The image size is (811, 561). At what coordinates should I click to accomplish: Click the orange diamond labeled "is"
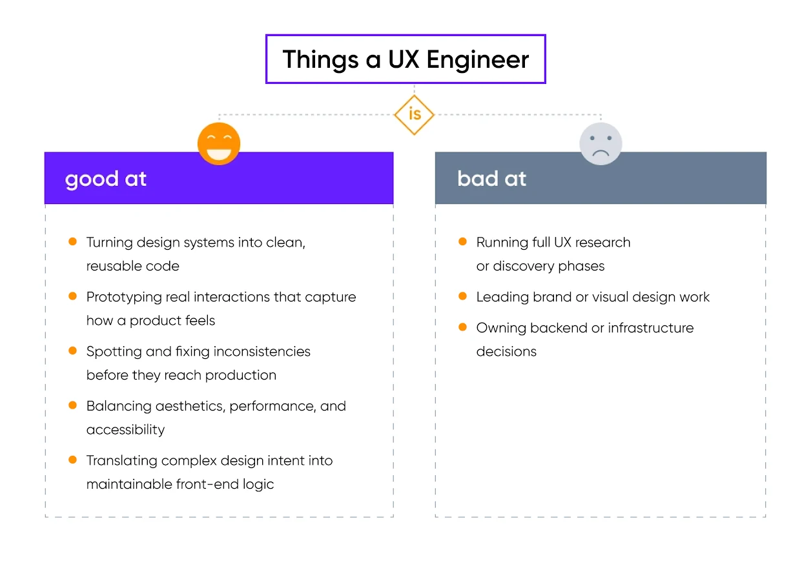tap(414, 114)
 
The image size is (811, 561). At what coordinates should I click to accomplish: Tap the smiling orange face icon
tap(219, 143)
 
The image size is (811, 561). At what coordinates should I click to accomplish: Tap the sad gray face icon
tap(601, 143)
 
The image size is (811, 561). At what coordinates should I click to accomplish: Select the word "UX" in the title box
tap(402, 59)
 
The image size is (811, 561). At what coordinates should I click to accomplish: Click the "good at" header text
tap(106, 179)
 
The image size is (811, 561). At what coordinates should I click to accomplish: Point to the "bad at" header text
tap(492, 179)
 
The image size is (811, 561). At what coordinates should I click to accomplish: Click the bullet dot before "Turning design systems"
tap(72, 242)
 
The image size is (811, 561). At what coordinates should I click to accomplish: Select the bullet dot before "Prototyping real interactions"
tap(72, 296)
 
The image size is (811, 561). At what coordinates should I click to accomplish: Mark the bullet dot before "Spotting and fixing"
tap(72, 351)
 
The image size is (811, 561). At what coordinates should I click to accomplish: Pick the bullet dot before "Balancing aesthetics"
tap(72, 405)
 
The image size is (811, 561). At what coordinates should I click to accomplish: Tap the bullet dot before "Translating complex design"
tap(72, 460)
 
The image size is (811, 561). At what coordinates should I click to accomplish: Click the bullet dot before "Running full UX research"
tap(462, 242)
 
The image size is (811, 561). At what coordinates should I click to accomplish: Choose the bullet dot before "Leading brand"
tap(462, 296)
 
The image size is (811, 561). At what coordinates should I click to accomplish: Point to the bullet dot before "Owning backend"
tap(462, 327)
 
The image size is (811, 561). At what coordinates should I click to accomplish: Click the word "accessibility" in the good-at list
tap(125, 430)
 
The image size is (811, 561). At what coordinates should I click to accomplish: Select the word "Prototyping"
tap(124, 298)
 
